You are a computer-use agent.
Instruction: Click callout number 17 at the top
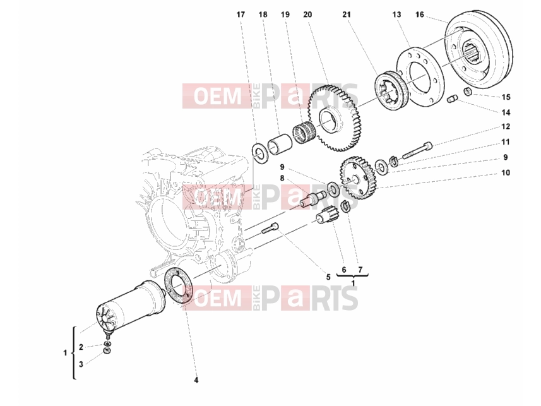pos(241,15)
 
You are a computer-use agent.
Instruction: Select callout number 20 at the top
pos(307,15)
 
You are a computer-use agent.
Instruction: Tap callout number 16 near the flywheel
pos(420,15)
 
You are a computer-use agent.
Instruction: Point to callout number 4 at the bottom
pos(196,380)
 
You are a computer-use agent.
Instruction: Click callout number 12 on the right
pos(506,126)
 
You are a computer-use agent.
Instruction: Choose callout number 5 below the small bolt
pos(328,277)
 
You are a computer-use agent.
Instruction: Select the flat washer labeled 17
pos(258,153)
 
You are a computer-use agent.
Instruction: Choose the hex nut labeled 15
pos(468,92)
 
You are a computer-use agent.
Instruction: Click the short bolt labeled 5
pos(270,228)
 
